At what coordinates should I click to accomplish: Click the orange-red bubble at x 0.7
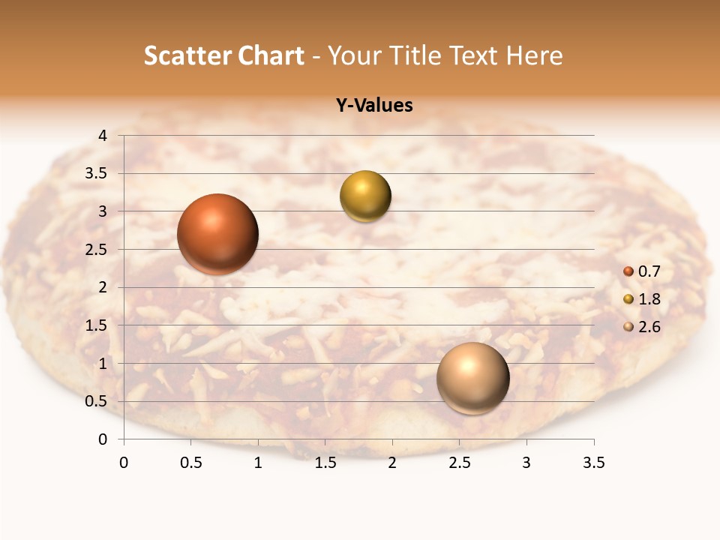tap(217, 234)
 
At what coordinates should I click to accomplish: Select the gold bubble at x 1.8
tap(365, 196)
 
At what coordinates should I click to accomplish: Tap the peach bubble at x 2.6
tap(472, 378)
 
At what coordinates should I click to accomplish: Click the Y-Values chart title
tap(374, 106)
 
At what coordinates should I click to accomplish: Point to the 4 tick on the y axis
tap(103, 136)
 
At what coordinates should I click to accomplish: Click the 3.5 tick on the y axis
tap(97, 174)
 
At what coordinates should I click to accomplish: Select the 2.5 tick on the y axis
tap(97, 250)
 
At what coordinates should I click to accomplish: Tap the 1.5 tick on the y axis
tap(97, 325)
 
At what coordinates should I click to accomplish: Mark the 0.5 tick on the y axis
tap(97, 401)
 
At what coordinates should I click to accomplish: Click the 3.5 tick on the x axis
tap(593, 463)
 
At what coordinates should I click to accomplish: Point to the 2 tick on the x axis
tap(392, 463)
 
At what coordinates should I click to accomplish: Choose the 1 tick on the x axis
tap(258, 463)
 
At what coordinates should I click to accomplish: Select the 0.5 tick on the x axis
tap(190, 463)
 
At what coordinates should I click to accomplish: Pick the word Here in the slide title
tap(534, 55)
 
